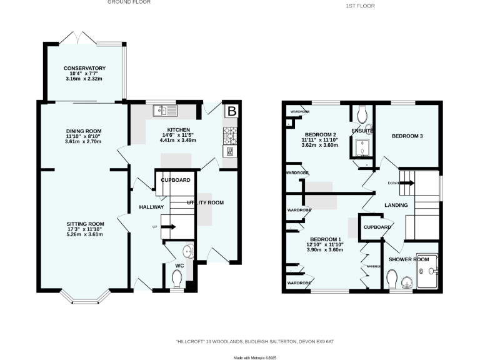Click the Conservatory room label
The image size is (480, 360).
(84, 68)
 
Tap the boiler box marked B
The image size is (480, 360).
(231, 112)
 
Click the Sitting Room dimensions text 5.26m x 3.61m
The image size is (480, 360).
(84, 235)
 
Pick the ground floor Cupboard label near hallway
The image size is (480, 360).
(176, 180)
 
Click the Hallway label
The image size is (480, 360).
(151, 207)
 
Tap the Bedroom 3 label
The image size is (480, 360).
(407, 136)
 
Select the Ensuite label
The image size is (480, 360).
(362, 131)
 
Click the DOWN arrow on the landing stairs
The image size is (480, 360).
(406, 182)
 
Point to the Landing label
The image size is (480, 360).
(396, 205)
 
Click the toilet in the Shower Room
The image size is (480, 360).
(393, 277)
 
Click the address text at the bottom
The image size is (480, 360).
(254, 341)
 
